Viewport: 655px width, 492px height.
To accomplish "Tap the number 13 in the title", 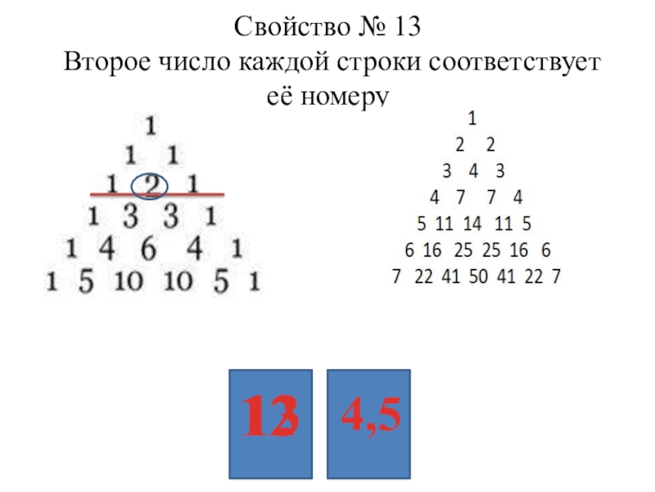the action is click(405, 29).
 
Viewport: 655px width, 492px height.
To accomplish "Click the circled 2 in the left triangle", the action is click(151, 184).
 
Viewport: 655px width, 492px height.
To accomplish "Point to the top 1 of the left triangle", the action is click(151, 125).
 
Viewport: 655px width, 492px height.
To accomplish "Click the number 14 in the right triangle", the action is click(473, 223).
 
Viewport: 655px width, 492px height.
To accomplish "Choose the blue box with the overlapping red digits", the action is click(271, 424).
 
